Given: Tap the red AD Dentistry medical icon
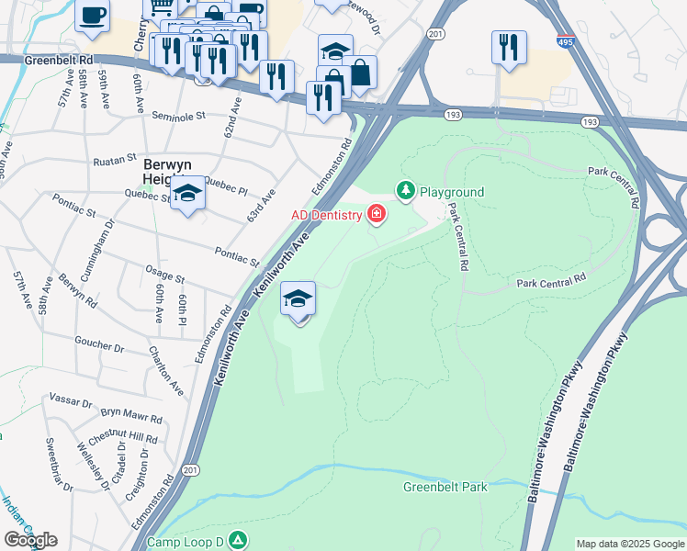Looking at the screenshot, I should point(376,215).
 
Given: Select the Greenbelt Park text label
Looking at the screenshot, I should point(445,487).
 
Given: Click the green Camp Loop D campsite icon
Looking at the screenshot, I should point(238,541).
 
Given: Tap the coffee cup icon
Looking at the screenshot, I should point(92,16).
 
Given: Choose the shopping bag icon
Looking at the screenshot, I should point(359,72).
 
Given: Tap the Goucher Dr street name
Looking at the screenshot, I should point(99,344).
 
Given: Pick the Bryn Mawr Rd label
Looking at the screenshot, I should point(131,415).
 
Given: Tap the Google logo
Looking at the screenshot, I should point(30,540).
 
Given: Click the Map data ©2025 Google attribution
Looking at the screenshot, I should point(630,543).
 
